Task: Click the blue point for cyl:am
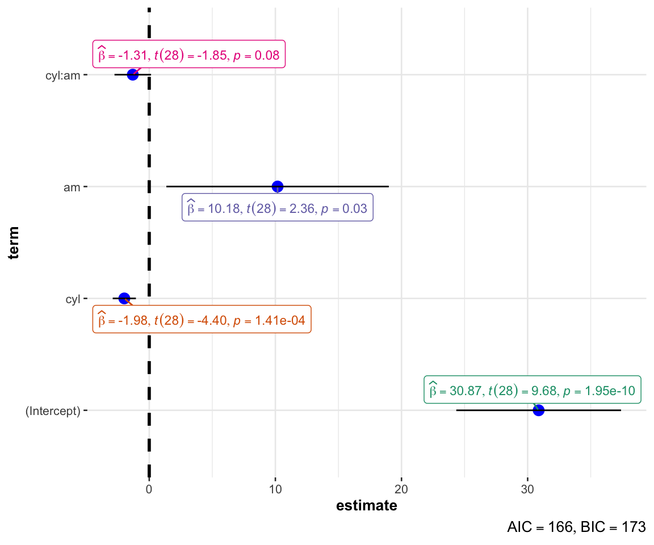point(133,74)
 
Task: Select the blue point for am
point(278,186)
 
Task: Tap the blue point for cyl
point(124,298)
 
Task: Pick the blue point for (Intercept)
point(539,410)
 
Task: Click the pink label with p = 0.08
point(189,55)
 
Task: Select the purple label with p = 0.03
point(278,208)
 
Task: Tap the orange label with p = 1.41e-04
point(202,321)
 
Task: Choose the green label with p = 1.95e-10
point(533,390)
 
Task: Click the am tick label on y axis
point(72,187)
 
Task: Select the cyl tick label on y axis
point(73,299)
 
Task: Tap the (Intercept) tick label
point(53,410)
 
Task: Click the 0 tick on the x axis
point(149,488)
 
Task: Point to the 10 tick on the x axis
point(275,488)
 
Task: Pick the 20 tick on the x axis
point(401,488)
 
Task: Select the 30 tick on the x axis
point(527,488)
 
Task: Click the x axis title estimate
point(367,506)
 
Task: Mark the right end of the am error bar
point(388,186)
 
